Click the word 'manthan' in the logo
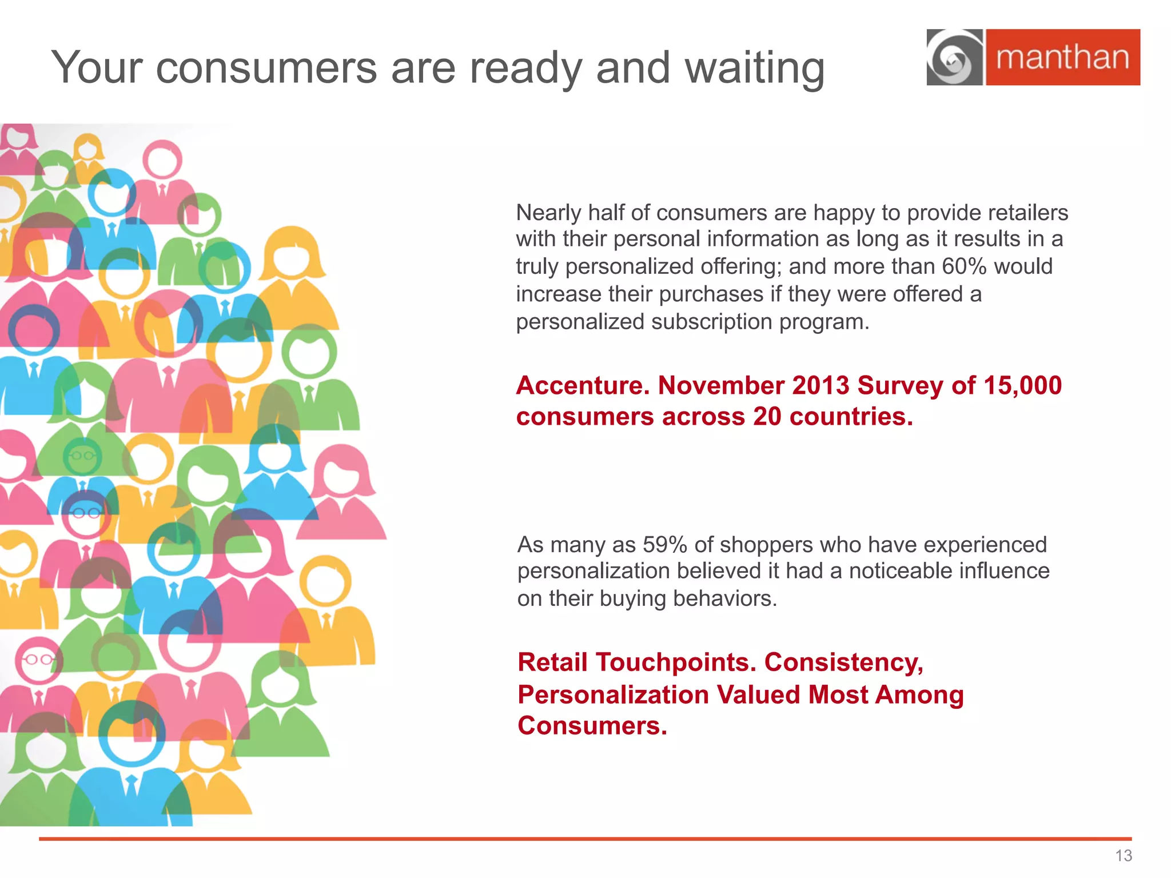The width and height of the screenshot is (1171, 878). point(1062,58)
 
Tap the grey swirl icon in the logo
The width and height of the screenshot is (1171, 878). point(954,58)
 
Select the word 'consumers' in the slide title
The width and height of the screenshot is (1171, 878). point(266,68)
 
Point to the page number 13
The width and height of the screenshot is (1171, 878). point(1123,856)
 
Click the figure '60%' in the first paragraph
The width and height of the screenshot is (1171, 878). point(965,266)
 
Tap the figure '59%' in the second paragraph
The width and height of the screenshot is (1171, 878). point(664,545)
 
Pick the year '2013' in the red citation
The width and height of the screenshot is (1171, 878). point(821,386)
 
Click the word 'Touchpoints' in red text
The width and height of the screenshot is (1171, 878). point(672,663)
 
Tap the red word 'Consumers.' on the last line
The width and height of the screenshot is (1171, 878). point(592,726)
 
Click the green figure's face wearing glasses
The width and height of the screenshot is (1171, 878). point(82,456)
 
